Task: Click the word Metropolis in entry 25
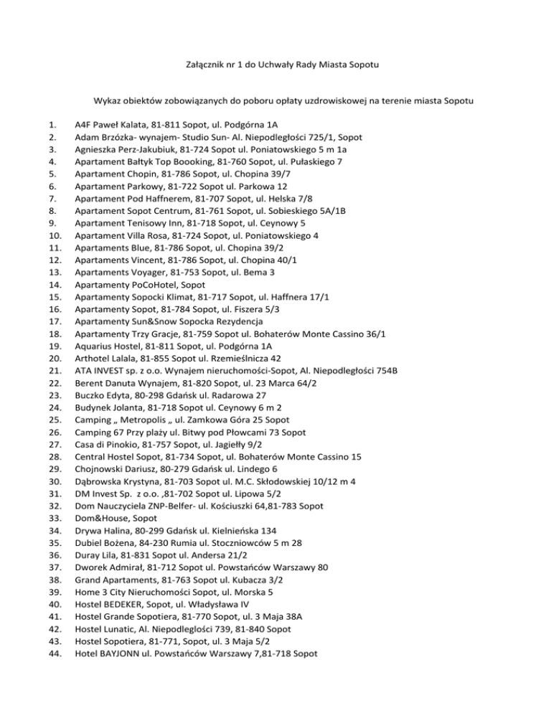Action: point(151,397)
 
